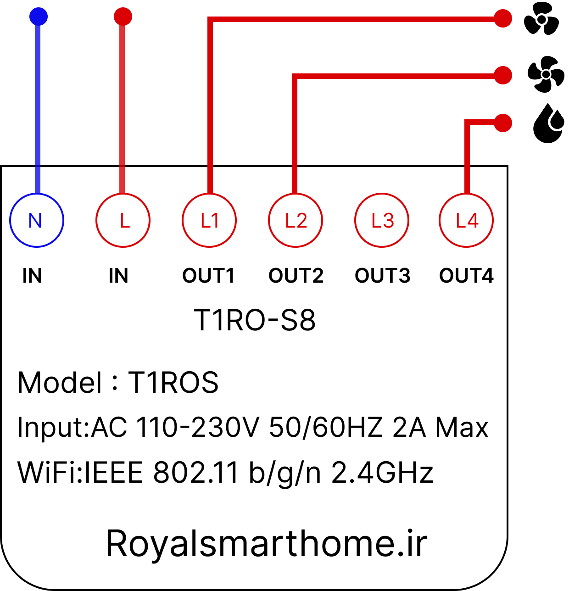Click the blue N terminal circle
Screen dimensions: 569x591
(x=37, y=194)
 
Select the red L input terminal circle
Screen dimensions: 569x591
(x=123, y=194)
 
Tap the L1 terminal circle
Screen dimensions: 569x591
(x=209, y=194)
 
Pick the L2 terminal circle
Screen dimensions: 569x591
(x=296, y=194)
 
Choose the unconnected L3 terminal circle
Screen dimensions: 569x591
(x=382, y=194)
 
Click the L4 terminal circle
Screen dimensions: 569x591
(x=466, y=194)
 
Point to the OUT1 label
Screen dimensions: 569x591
(x=208, y=275)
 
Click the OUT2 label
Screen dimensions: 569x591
(x=296, y=275)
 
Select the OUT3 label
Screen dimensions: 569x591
(x=383, y=275)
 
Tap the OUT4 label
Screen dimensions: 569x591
(x=466, y=275)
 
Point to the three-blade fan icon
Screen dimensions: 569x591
(x=541, y=19)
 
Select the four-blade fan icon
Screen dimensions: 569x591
(x=546, y=74)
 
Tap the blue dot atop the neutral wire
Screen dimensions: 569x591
(x=39, y=17)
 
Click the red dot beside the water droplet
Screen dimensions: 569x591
(x=503, y=123)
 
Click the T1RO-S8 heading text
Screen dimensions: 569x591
(x=255, y=320)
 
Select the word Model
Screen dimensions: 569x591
(x=59, y=383)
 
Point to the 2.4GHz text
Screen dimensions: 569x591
(x=382, y=473)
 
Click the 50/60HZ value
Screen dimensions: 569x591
(x=326, y=427)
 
